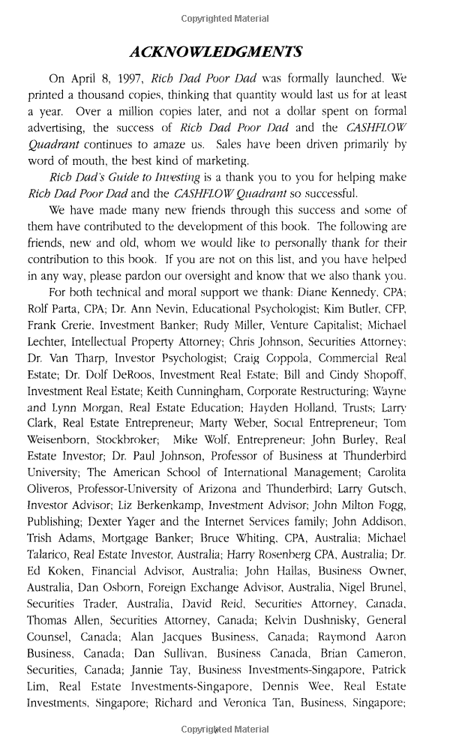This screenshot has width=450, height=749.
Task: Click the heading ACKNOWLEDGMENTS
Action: pyautogui.click(x=216, y=52)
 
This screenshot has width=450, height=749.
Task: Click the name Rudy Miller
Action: pyautogui.click(x=245, y=325)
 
